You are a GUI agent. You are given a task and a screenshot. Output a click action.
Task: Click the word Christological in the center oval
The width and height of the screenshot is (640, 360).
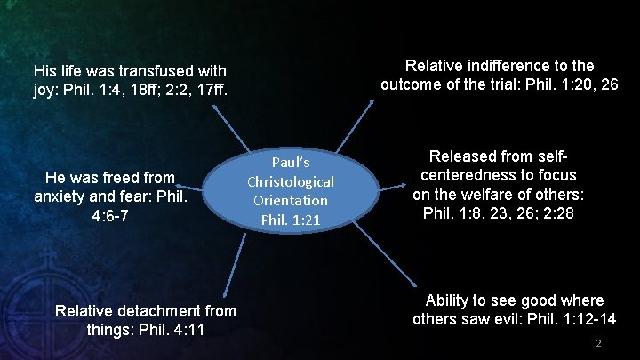[x=291, y=181]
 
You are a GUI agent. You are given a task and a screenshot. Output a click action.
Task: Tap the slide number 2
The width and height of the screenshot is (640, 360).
[x=599, y=343]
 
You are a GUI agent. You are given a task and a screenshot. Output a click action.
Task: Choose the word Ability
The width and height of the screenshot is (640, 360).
[x=452, y=300]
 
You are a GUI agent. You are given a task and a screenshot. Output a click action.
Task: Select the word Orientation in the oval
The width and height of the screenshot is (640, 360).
[x=291, y=201]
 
